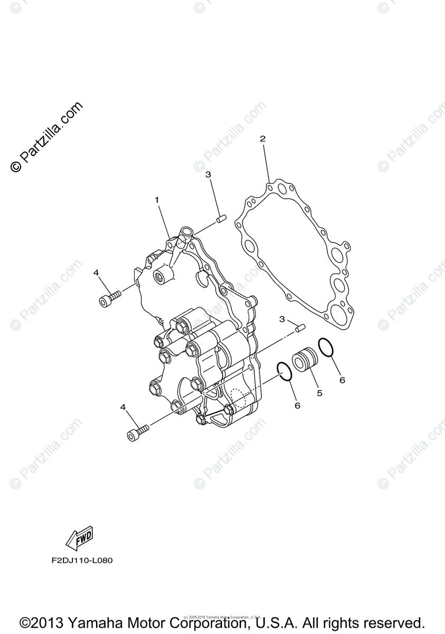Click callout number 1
pyautogui.click(x=156, y=200)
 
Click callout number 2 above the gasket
pyautogui.click(x=262, y=139)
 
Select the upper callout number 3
pyautogui.click(x=208, y=174)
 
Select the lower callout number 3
pyautogui.click(x=282, y=319)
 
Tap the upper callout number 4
pyautogui.click(x=96, y=272)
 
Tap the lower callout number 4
pyautogui.click(x=123, y=407)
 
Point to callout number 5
pyautogui.click(x=319, y=393)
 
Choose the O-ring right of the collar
pyautogui.click(x=326, y=348)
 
